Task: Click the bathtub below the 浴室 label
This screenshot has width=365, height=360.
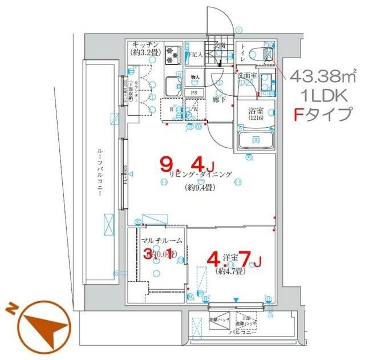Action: click(255, 140)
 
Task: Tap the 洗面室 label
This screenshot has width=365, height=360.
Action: click(246, 75)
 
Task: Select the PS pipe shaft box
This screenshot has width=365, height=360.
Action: click(194, 92)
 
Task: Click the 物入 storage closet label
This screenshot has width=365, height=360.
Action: click(194, 77)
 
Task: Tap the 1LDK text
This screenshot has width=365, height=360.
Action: click(322, 95)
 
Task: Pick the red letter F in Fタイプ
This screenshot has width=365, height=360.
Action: click(299, 115)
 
